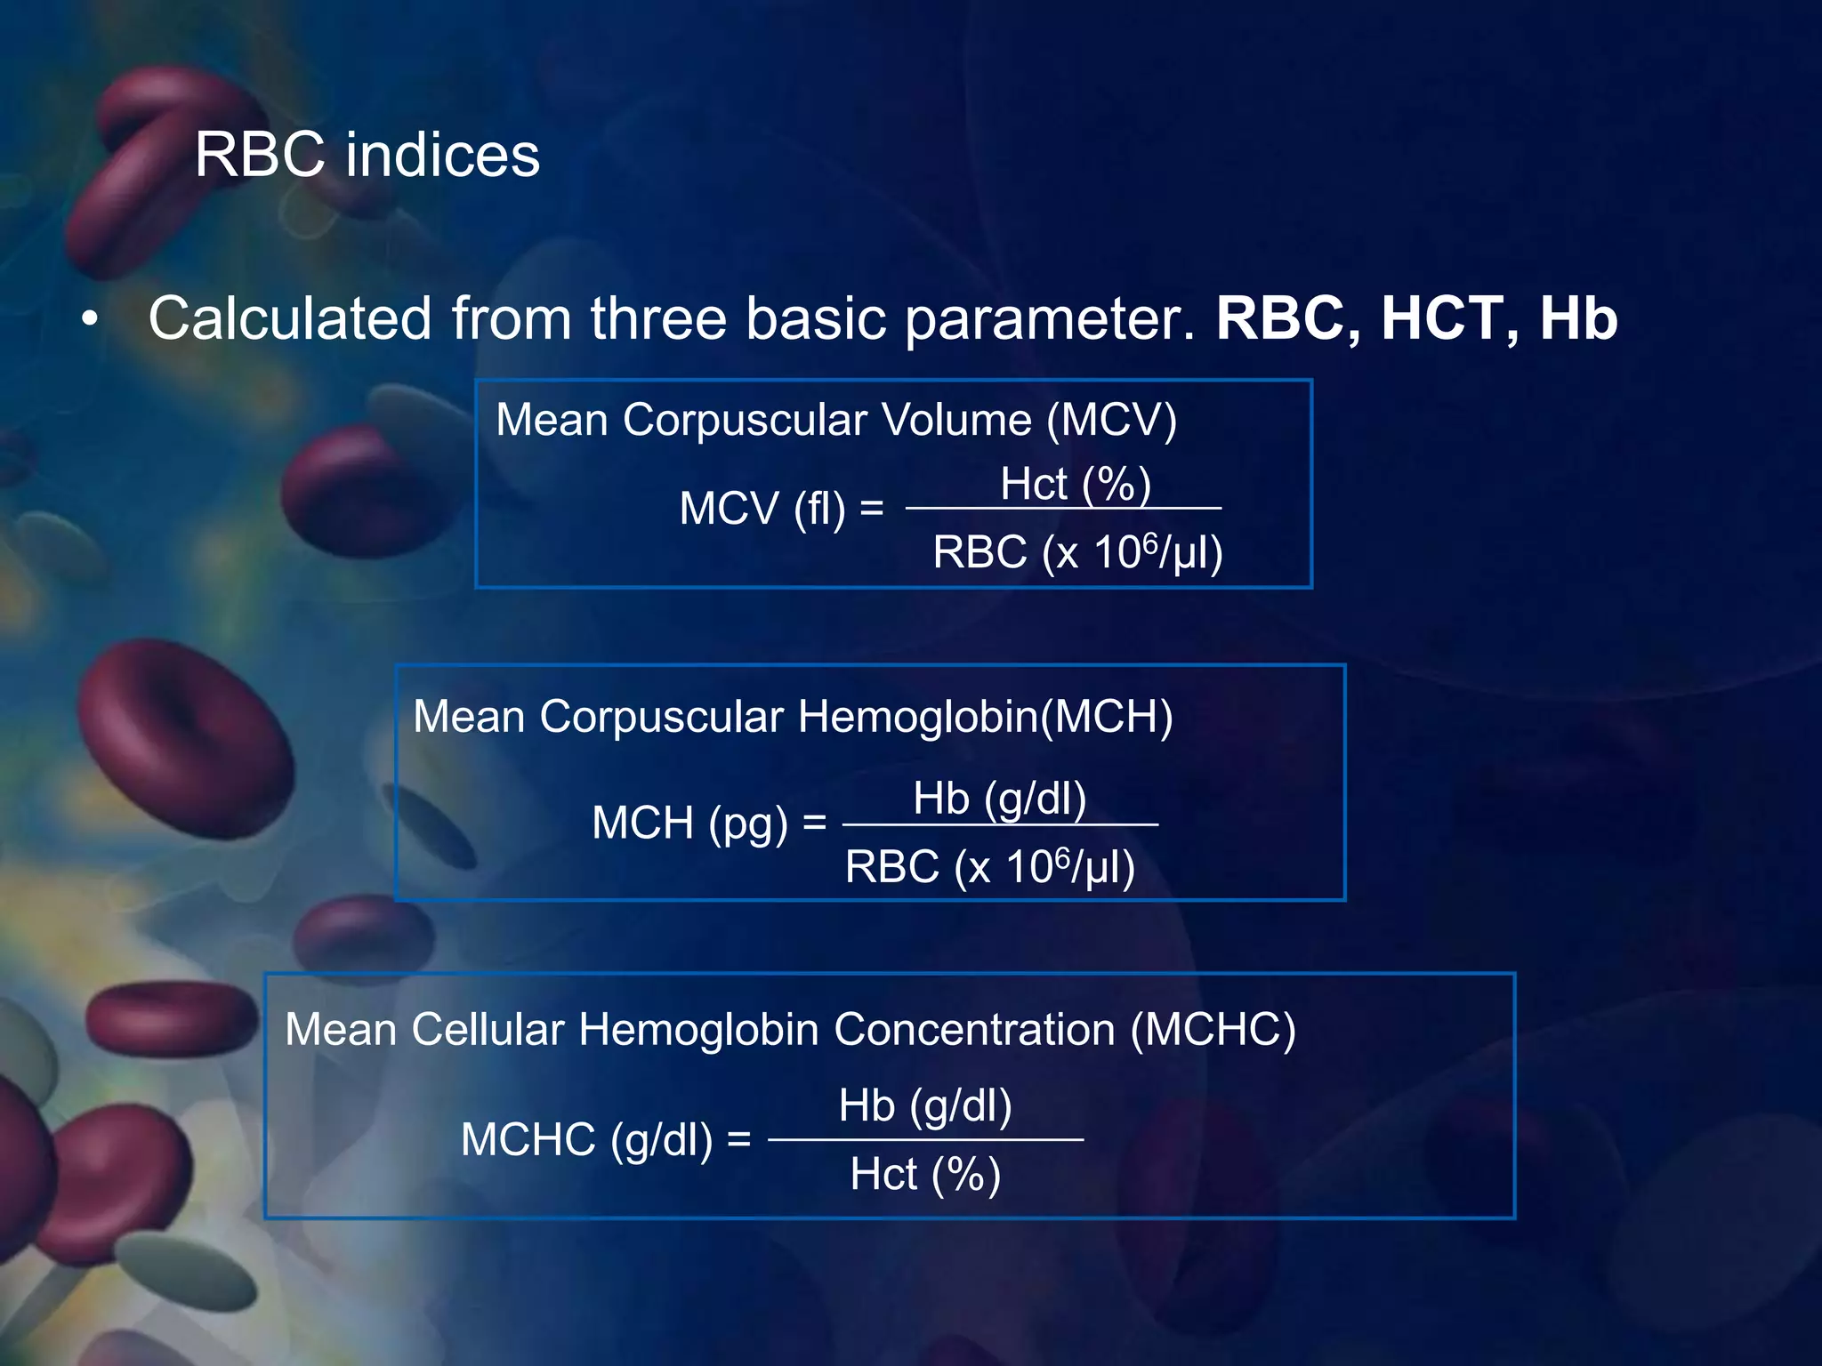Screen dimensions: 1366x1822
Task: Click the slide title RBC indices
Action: tap(367, 155)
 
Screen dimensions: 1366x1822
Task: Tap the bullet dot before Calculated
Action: tap(88, 321)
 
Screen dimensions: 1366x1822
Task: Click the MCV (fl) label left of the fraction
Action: tap(762, 510)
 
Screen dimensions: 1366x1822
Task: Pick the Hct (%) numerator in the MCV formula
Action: tap(1076, 485)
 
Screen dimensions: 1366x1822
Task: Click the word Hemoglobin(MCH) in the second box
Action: tap(985, 717)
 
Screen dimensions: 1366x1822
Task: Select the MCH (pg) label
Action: tap(690, 824)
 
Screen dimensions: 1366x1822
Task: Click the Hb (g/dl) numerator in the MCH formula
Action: tap(999, 799)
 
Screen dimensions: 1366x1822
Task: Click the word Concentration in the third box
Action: tap(974, 1030)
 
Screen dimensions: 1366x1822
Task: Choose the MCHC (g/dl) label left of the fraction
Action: tap(586, 1140)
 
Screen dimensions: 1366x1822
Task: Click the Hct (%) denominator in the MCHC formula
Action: tap(925, 1175)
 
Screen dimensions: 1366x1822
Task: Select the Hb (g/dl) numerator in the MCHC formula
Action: tap(925, 1107)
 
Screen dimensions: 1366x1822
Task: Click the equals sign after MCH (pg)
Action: tap(814, 824)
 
